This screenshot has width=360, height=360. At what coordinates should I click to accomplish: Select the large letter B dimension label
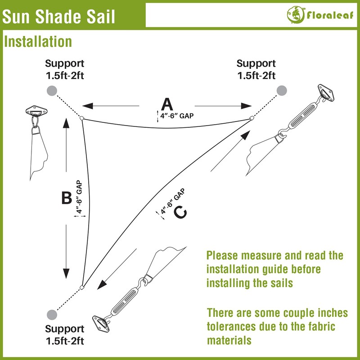point(67,198)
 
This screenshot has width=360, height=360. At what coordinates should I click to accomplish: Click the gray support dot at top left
point(52,90)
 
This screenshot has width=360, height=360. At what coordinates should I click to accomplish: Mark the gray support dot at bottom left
point(52,314)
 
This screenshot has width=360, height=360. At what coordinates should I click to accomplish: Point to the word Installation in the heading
point(38,42)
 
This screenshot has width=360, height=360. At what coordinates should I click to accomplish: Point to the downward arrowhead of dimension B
point(66,273)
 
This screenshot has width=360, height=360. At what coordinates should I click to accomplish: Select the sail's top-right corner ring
point(252,119)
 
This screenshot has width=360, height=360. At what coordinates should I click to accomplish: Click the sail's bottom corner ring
point(81,287)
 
